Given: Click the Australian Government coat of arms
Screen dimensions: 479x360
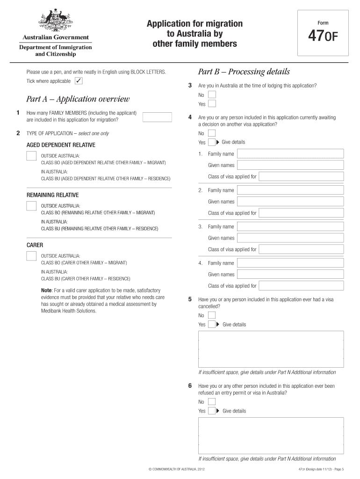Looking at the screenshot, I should coord(55,20).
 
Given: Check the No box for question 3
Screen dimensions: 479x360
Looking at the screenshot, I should coord(212,94).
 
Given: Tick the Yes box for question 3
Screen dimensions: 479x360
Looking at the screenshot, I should coord(212,104).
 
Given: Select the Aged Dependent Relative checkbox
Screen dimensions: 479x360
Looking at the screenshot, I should coord(32,156).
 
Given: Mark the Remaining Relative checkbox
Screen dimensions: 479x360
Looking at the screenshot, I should coord(32,206).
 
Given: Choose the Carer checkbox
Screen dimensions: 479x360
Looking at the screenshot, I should coord(32,256).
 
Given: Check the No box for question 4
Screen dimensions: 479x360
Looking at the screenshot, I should coord(212,133).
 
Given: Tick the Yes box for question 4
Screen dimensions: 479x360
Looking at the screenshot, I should coord(211,142).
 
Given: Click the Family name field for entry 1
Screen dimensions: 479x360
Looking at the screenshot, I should coord(290,154).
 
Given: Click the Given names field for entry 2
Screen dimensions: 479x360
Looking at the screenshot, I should coord(290,202).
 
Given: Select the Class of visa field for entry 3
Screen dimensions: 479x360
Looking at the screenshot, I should coord(301,249).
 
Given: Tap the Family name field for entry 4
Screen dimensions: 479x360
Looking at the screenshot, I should coord(290,263).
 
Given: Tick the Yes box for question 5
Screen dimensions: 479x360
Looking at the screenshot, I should coord(211,324).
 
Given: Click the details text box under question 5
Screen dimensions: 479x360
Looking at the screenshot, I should coord(271,349).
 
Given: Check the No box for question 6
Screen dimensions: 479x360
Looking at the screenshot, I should coord(212,402).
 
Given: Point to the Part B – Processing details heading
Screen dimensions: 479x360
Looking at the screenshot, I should coord(244,72).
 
